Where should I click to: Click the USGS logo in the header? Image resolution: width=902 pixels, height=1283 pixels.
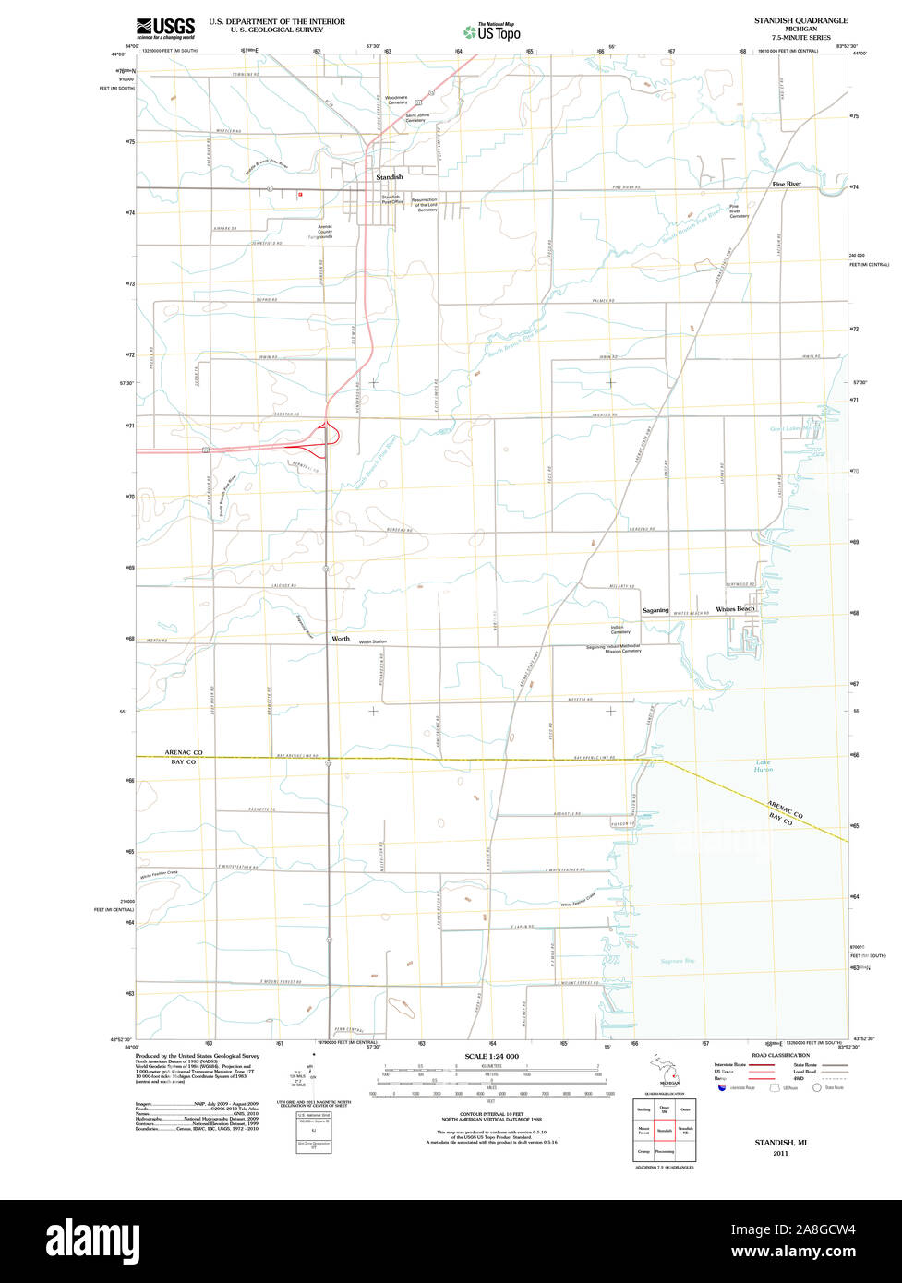165,27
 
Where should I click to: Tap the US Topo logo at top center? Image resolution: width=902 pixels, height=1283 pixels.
492,32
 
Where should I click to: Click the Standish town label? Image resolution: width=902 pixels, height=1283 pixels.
389,176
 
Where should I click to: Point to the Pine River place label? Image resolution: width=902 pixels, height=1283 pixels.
787,185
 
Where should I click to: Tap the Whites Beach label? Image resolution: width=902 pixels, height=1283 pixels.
735,609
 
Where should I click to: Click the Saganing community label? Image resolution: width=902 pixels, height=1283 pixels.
655,610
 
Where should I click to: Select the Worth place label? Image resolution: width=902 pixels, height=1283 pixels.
341,639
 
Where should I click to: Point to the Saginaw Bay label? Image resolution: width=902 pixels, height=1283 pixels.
677,962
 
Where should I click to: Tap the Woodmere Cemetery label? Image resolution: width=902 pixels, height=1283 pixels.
396,100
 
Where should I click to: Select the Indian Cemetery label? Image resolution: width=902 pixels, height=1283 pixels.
620,630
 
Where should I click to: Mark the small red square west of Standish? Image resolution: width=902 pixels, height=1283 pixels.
299,195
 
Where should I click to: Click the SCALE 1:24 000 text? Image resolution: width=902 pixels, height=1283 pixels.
491,1056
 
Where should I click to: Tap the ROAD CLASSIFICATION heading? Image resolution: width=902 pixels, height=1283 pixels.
780,1055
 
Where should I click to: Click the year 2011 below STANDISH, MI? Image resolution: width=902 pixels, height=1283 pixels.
781,1153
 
